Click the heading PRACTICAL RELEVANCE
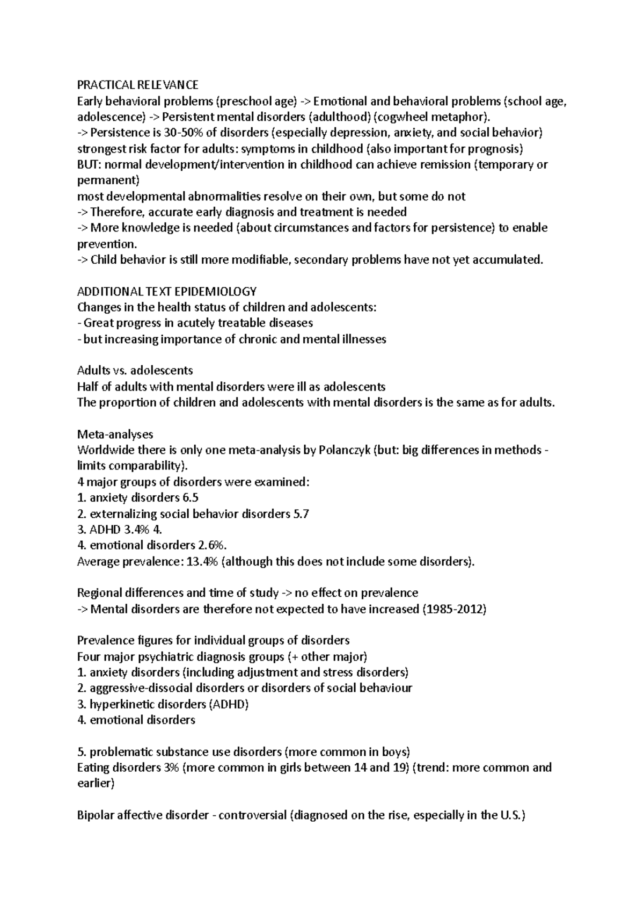(137, 85)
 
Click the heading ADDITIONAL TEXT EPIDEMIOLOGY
(167, 292)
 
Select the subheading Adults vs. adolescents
(135, 371)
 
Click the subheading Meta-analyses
(115, 434)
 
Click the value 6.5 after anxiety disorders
(191, 498)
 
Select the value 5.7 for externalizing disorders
(301, 514)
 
